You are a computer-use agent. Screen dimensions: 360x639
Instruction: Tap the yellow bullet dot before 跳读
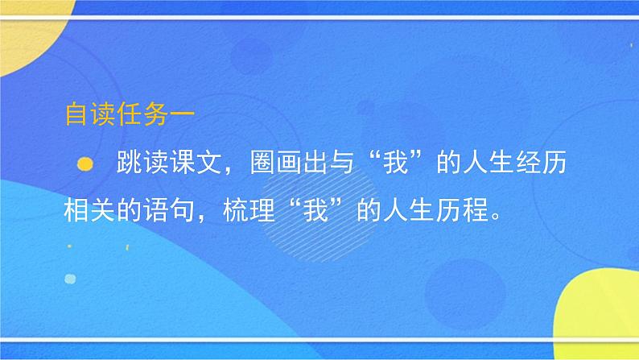(82, 164)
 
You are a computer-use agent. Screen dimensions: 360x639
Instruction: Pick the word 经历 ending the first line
(543, 164)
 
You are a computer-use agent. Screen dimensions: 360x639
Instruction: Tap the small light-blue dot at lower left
(70, 279)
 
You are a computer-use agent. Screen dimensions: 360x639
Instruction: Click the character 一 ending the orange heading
(181, 116)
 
